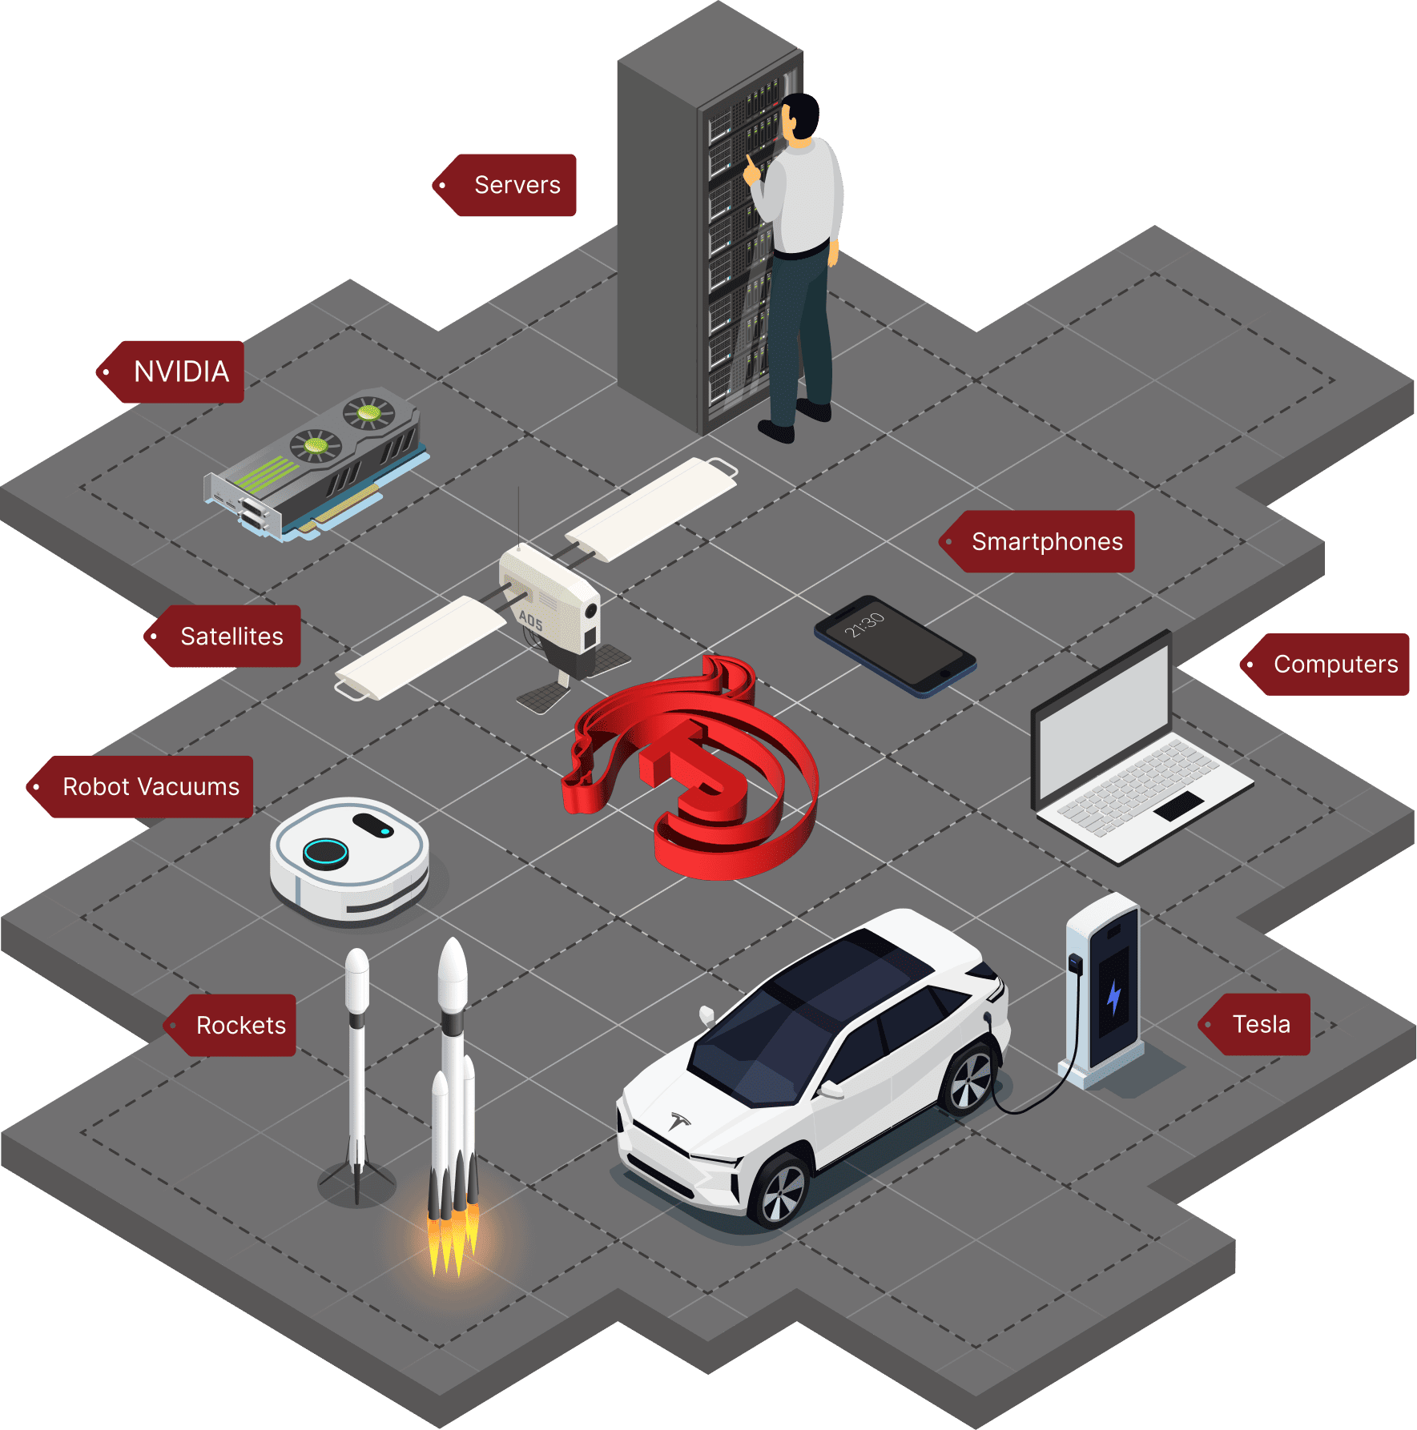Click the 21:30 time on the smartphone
tap(864, 625)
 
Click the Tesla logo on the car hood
tap(680, 1120)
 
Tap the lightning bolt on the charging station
tap(1113, 996)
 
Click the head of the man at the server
tap(799, 116)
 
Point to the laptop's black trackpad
tap(1179, 805)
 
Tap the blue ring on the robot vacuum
tap(325, 853)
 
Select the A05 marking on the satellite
tap(530, 620)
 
